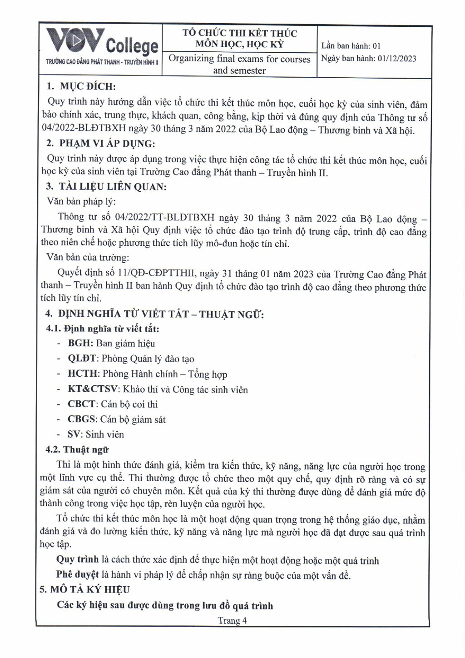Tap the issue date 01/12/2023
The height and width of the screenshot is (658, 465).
point(396,59)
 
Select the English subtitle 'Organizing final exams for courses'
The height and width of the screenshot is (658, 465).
point(239,59)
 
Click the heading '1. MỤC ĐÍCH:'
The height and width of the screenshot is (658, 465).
point(81,86)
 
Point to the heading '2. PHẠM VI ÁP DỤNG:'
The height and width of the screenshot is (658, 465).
point(100,144)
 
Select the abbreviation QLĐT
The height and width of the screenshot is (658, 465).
point(82,359)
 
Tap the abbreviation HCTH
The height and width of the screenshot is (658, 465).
point(83,374)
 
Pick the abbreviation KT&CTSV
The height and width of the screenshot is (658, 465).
point(94,389)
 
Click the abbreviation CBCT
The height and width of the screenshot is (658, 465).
point(82,404)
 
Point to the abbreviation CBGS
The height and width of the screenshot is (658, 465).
point(82,419)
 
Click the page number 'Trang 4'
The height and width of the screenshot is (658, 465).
point(232,621)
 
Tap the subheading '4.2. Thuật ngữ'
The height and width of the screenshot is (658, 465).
point(77,450)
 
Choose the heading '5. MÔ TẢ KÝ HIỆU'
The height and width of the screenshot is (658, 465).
point(85,589)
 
